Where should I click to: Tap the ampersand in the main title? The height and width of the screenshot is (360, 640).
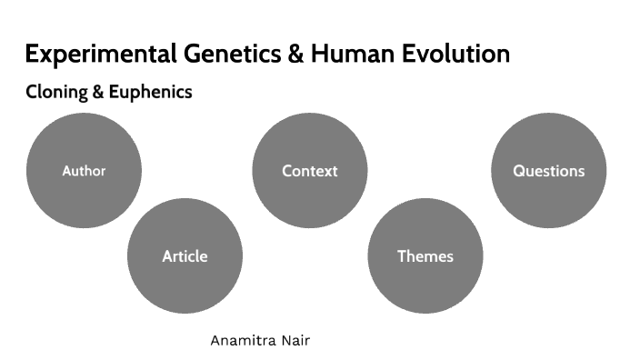295,55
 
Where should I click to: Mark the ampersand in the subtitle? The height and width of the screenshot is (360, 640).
99,93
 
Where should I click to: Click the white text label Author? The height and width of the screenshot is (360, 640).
84,171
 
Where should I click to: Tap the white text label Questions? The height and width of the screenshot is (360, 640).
548,171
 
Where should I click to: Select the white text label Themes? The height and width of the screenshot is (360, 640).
425,256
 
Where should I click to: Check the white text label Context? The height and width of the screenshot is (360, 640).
309,171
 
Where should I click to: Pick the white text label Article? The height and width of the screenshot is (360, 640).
185,256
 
